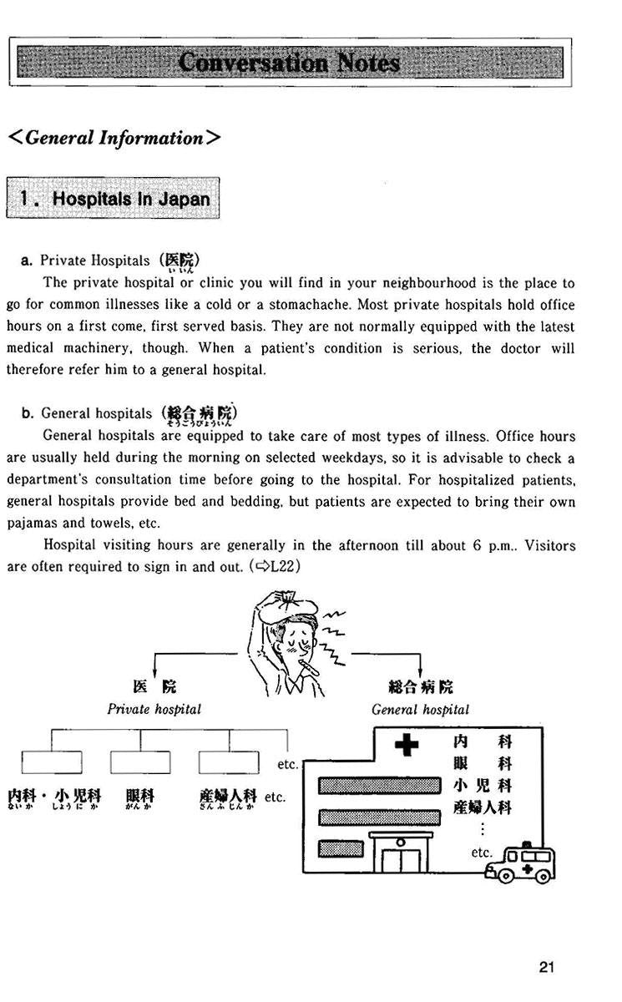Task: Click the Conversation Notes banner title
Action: [290, 63]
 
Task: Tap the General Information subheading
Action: [114, 138]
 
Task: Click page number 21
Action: [547, 968]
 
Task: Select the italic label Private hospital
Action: [154, 709]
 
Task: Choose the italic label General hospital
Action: [420, 710]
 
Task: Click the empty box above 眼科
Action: [140, 763]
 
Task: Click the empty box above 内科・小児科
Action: [52, 763]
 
